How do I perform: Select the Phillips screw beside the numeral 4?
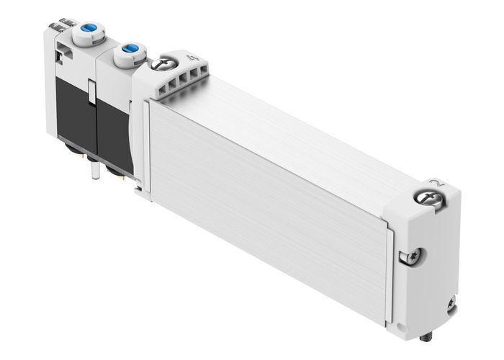click(163, 66)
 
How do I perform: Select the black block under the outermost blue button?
click(72, 108)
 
